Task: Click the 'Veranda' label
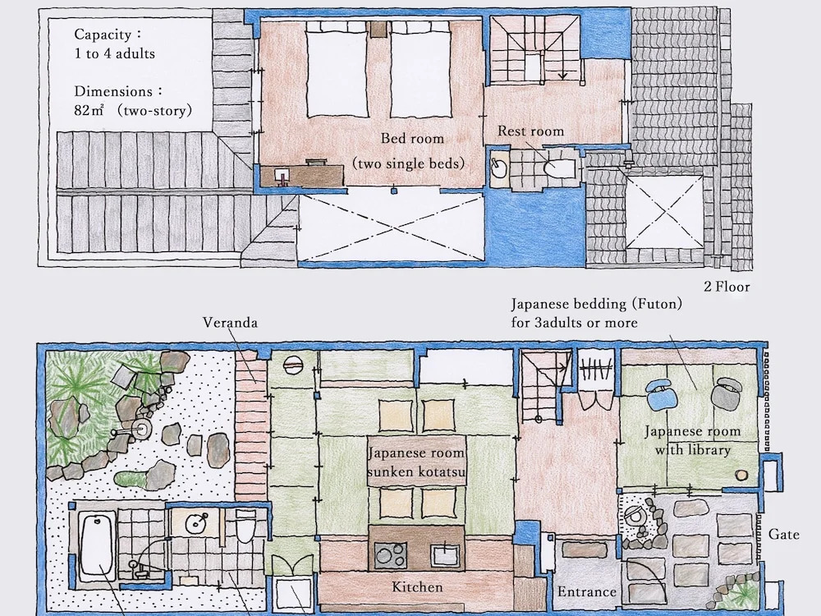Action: pyautogui.click(x=230, y=322)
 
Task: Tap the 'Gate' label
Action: pyautogui.click(x=784, y=535)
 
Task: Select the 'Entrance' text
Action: pyautogui.click(x=586, y=592)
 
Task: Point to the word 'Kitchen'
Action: pyautogui.click(x=417, y=587)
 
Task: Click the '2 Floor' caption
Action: pyautogui.click(x=727, y=287)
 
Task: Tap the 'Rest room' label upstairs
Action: pyautogui.click(x=530, y=131)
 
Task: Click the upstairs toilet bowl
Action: pyautogui.click(x=558, y=168)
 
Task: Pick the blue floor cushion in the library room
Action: pyautogui.click(x=663, y=394)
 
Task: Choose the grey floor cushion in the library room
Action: pyautogui.click(x=727, y=393)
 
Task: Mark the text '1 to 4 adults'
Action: pyautogui.click(x=115, y=53)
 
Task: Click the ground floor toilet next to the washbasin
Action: pyautogui.click(x=245, y=526)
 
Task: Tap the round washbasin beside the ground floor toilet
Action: pyautogui.click(x=197, y=522)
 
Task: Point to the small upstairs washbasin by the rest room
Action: pyautogui.click(x=499, y=168)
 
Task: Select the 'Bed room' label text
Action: pyautogui.click(x=412, y=139)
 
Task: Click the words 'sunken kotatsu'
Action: pyautogui.click(x=416, y=472)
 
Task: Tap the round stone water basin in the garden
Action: pyautogui.click(x=141, y=430)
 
